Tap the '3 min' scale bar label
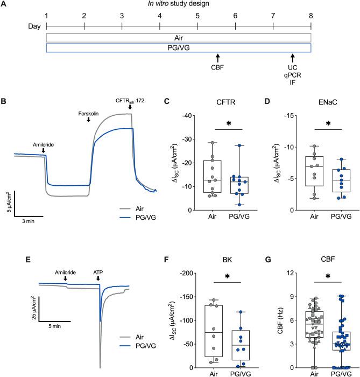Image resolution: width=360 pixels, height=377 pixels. [29, 220]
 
